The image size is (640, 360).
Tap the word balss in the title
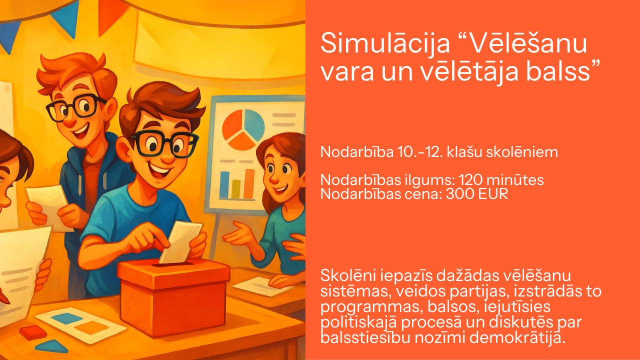[x=558, y=71]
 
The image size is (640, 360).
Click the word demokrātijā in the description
[x=517, y=337]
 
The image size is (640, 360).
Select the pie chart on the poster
[x=243, y=129]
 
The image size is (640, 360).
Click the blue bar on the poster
[x=224, y=184]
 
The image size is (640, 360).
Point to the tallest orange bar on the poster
[x=249, y=183]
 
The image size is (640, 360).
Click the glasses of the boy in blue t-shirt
[x=164, y=143]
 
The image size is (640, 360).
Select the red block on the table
[x=33, y=332]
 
